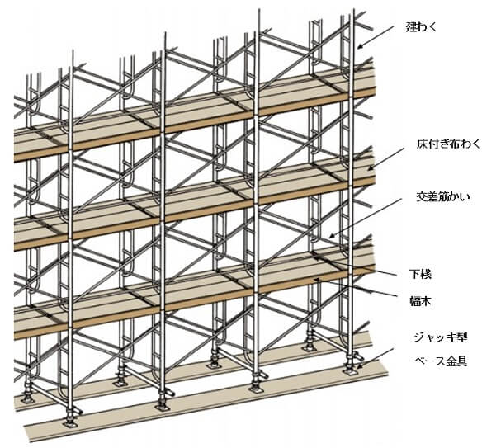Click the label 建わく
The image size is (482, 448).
coord(421,27)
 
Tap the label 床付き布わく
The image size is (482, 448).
coord(448,144)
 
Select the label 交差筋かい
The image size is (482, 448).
coord(443,196)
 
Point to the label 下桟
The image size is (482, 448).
coord(420,274)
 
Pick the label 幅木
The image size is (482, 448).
coord(420,301)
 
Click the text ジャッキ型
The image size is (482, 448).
coord(441,337)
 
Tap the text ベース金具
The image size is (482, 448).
coord(441,361)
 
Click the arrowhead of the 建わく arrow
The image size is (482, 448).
coord(360,46)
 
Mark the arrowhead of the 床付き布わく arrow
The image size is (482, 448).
coord(371,167)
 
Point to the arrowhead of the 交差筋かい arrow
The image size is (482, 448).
coord(332,236)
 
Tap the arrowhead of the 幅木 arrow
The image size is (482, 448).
coord(316,280)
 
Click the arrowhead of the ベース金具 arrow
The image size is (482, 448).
coord(359,366)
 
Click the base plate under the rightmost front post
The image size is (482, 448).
coord(350,372)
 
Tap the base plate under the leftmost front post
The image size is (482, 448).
coord(71,424)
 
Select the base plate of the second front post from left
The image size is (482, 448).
coord(162,408)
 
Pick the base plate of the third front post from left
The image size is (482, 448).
coord(256,389)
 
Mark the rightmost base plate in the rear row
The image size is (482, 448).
coord(310,347)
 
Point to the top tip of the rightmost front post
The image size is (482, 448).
coord(353,10)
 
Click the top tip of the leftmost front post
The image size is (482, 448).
coord(73,51)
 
